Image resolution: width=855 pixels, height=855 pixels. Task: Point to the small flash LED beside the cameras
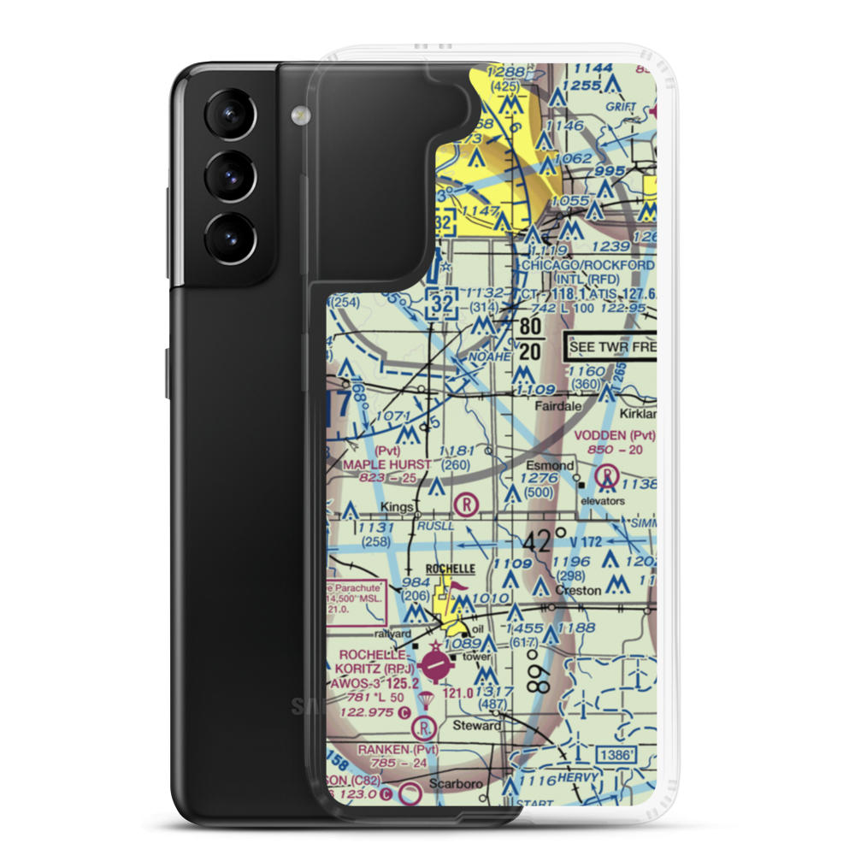(298, 113)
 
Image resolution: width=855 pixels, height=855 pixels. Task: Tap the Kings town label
(397, 506)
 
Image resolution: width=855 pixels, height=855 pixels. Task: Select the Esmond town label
(550, 466)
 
